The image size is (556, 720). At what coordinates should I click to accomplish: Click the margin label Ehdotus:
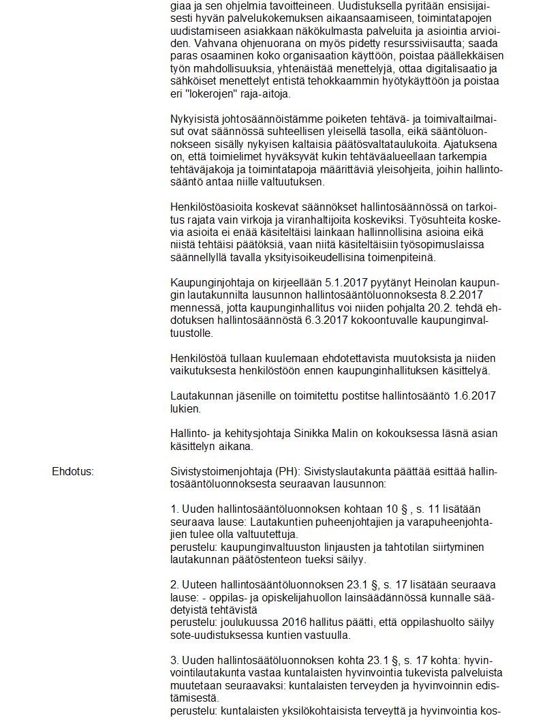[x=73, y=471]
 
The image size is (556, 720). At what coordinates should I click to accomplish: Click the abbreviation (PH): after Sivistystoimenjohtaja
[x=287, y=471]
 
